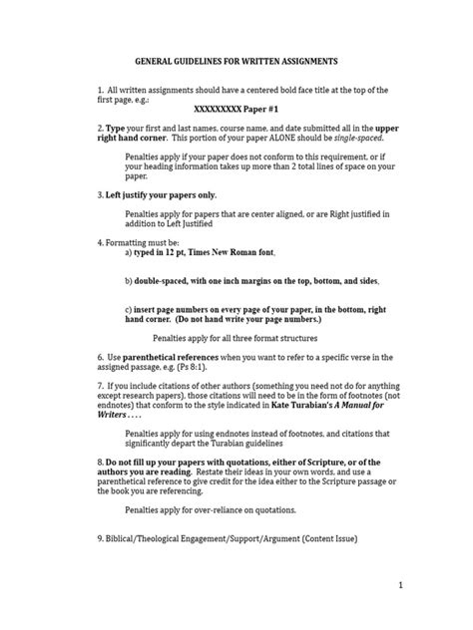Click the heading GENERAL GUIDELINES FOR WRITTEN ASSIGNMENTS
(236, 61)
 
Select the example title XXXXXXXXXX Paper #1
(236, 113)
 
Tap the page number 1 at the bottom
(428, 586)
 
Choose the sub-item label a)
(130, 254)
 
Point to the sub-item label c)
(130, 310)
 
